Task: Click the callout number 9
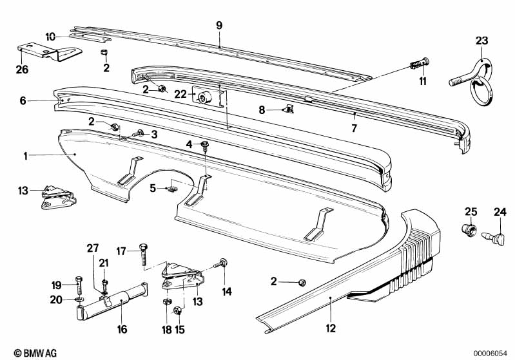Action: click(x=219, y=25)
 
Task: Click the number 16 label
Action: click(x=122, y=330)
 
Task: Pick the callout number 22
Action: click(x=180, y=94)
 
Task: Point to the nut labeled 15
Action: click(x=179, y=312)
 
